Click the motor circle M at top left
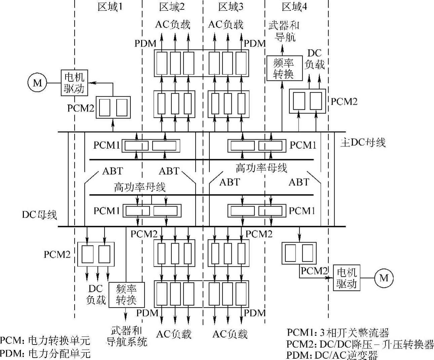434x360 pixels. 37,83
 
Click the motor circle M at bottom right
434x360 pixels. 384,278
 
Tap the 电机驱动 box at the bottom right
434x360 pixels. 346,278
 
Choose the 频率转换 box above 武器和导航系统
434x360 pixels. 126,295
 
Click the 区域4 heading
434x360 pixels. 294,7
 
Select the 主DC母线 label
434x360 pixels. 363,143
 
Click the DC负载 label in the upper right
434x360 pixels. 315,59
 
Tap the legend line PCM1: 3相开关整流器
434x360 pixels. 338,333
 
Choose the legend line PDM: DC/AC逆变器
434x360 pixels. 332,355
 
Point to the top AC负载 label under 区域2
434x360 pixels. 173,25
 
